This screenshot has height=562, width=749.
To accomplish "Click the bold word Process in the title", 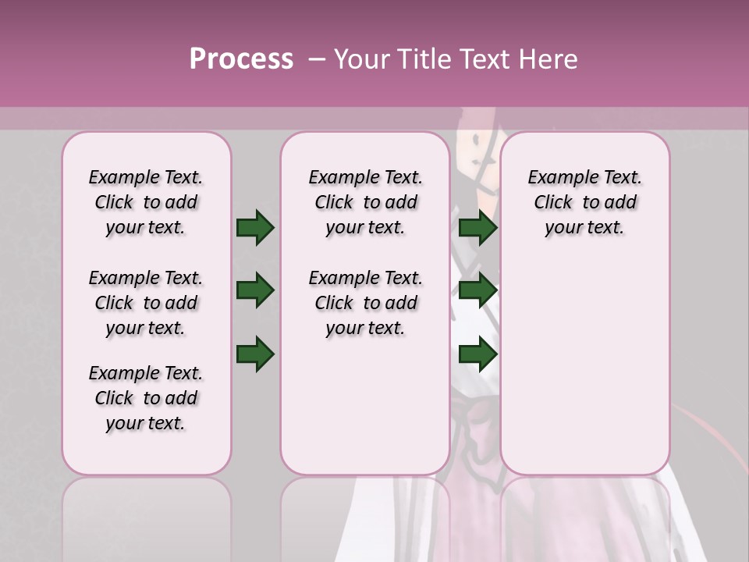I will [241, 59].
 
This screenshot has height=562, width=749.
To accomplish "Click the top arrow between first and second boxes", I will [255, 228].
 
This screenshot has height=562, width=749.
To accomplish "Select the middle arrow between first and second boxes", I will [255, 291].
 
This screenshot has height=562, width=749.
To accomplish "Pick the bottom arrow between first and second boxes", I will [255, 354].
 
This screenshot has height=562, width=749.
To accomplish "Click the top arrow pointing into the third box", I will [478, 228].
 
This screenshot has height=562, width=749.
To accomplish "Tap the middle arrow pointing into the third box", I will [478, 291].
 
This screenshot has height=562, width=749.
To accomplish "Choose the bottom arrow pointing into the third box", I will [478, 354].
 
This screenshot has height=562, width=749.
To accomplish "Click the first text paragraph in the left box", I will [146, 202].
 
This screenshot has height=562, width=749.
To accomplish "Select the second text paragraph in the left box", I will [146, 303].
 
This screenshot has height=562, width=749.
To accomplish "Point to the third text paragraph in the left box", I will [146, 398].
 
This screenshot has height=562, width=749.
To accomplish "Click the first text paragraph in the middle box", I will [365, 202].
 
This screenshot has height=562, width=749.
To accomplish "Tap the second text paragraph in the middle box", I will [365, 303].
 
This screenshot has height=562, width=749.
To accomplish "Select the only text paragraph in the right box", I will [584, 202].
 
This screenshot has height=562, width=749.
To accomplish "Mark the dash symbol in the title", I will [317, 59].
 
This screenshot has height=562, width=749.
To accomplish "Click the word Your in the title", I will [361, 59].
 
